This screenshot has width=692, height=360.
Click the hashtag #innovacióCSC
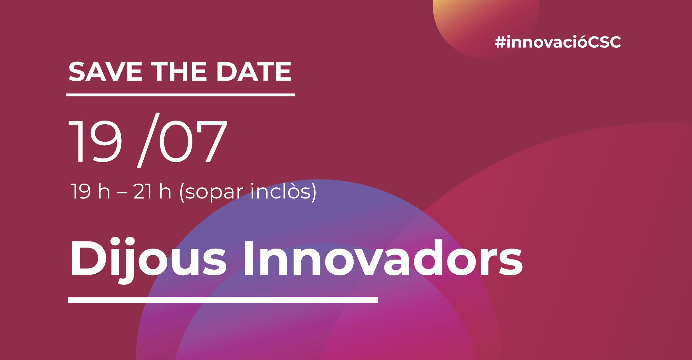558,42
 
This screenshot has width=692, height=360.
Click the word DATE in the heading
254,71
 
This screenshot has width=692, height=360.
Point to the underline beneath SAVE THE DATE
181,95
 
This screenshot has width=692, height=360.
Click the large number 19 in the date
96,142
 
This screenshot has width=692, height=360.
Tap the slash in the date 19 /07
148,140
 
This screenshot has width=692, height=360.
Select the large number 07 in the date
193,142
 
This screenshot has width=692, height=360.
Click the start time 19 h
90,191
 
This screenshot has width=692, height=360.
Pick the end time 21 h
152,191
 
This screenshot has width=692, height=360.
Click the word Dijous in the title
148,259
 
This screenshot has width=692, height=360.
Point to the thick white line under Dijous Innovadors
223,300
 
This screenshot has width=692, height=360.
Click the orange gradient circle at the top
486,27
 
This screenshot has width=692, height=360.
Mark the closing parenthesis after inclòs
313,192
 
